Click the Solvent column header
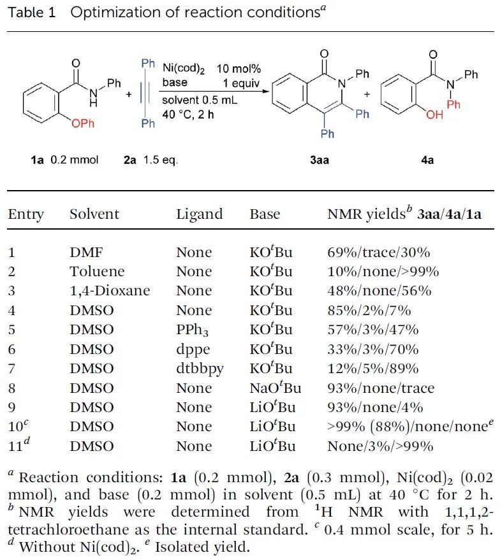(x=94, y=214)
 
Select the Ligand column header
(x=200, y=214)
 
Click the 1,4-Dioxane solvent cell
(x=110, y=291)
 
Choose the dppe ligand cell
(x=191, y=350)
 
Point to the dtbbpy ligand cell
(x=198, y=369)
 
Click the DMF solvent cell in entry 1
(x=84, y=252)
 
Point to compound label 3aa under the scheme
(x=320, y=159)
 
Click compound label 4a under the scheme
(x=427, y=159)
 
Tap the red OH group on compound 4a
(x=434, y=115)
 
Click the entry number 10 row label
(x=15, y=427)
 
